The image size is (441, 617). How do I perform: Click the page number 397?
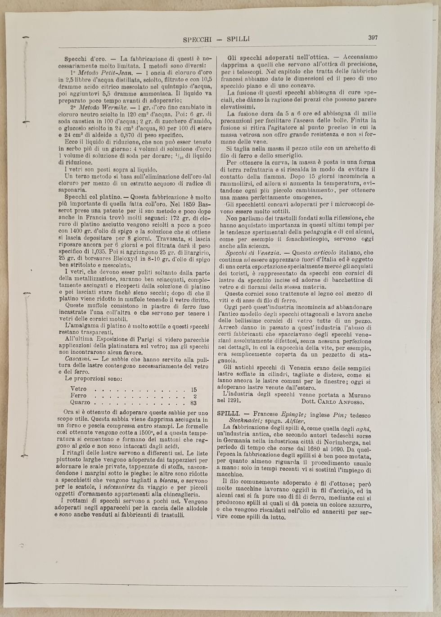(x=372, y=38)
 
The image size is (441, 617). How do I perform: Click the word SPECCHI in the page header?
(x=197, y=40)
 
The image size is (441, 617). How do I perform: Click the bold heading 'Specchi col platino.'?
(x=90, y=197)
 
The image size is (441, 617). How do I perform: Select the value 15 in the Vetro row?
(x=194, y=389)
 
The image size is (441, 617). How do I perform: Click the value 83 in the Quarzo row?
(x=193, y=402)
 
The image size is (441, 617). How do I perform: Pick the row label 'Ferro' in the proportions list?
(x=79, y=396)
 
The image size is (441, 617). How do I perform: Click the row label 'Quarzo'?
(x=80, y=402)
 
